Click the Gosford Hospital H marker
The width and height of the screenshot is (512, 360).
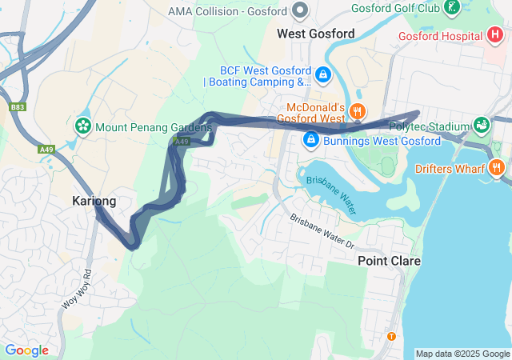pyautogui.click(x=496, y=36)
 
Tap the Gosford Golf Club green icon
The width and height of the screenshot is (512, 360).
pyautogui.click(x=453, y=9)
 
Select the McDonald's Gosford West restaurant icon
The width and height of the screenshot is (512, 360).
pyautogui.click(x=359, y=113)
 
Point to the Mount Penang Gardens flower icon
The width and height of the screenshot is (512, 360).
pyautogui.click(x=82, y=126)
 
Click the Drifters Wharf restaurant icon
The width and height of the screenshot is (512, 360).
pyautogui.click(x=497, y=168)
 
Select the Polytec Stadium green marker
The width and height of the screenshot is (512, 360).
pyautogui.click(x=482, y=126)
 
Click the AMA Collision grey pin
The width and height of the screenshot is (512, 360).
pyautogui.click(x=301, y=10)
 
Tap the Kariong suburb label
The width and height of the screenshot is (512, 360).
pyautogui.click(x=94, y=201)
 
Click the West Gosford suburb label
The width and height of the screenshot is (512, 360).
pyautogui.click(x=315, y=34)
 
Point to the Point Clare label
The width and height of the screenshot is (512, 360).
pyautogui.click(x=389, y=261)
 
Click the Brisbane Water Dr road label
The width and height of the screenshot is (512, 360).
pyautogui.click(x=322, y=230)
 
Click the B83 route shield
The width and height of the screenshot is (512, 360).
pyautogui.click(x=18, y=106)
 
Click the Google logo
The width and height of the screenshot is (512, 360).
pyautogui.click(x=26, y=350)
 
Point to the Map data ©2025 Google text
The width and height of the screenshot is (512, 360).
pyautogui.click(x=462, y=354)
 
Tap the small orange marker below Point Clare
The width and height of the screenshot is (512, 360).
pyautogui.click(x=391, y=336)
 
